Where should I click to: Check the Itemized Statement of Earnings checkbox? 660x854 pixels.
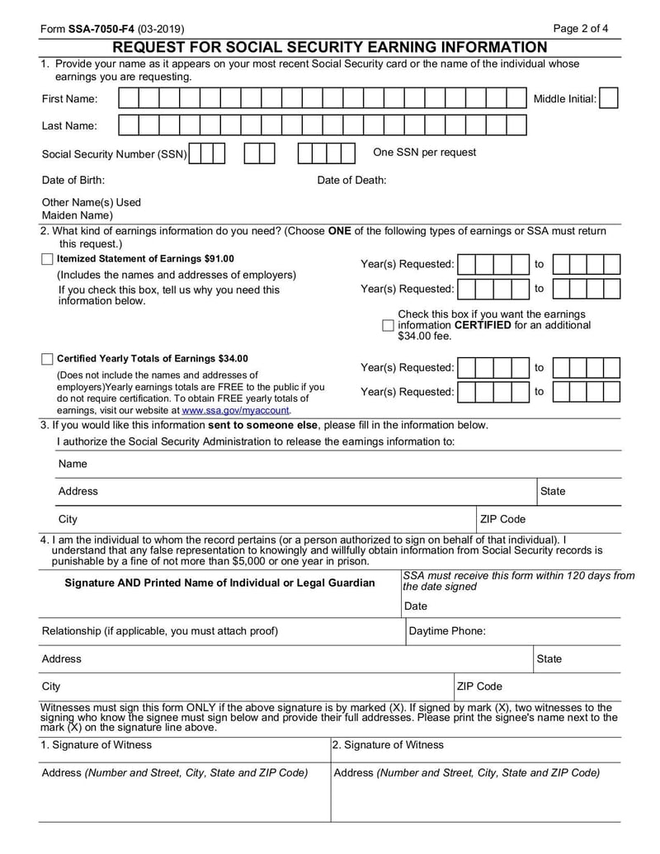47,259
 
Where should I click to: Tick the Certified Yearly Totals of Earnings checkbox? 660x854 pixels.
47,359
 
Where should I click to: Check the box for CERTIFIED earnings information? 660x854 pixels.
388,326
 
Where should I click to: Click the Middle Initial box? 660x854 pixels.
609,99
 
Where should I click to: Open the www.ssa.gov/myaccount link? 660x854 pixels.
235,410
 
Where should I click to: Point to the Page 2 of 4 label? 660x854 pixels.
581,29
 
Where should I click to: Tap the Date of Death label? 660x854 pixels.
351,181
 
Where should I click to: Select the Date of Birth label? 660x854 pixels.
73,181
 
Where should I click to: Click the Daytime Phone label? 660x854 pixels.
447,631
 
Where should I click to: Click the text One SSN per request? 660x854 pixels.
424,153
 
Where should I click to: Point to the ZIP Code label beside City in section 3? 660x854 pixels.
502,519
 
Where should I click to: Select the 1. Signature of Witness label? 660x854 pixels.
97,745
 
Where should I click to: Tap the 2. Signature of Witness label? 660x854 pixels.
388,745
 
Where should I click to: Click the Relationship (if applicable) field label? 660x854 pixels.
159,631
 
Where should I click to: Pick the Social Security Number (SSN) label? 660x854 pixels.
115,154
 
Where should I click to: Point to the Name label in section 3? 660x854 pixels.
73,464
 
